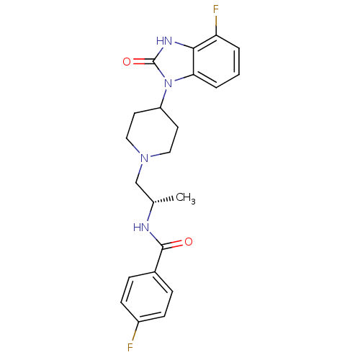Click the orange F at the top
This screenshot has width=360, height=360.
(x=215, y=9)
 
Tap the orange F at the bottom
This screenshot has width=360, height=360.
(x=130, y=348)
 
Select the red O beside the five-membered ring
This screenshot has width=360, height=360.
(x=127, y=62)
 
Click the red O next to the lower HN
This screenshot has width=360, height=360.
(x=189, y=242)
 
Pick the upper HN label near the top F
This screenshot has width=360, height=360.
(x=164, y=41)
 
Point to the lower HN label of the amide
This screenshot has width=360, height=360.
(x=141, y=228)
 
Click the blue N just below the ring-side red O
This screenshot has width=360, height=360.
(x=167, y=84)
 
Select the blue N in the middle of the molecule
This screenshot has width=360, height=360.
(x=144, y=158)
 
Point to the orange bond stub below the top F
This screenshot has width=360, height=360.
(x=215, y=21)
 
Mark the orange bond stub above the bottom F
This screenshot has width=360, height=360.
(x=134, y=336)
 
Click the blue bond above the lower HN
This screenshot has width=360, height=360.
(x=149, y=216)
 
